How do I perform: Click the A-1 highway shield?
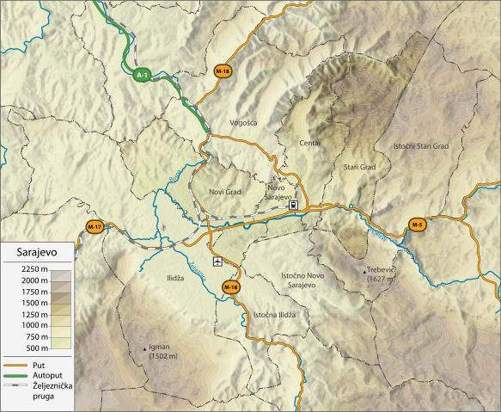[x=143, y=76]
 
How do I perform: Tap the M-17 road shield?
[x=95, y=226]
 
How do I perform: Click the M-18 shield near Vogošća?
[x=223, y=70]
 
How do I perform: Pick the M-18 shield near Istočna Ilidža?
[x=230, y=286]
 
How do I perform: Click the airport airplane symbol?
[x=217, y=261]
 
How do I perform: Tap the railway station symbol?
[x=294, y=206]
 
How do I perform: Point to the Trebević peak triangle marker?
[x=364, y=272]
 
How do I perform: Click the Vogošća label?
[x=244, y=123]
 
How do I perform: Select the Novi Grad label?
[x=225, y=192]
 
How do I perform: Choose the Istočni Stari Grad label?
[x=421, y=146]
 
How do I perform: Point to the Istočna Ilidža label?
[x=274, y=315]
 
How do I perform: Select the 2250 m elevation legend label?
[x=31, y=270]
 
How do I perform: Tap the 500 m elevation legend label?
[x=34, y=347]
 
